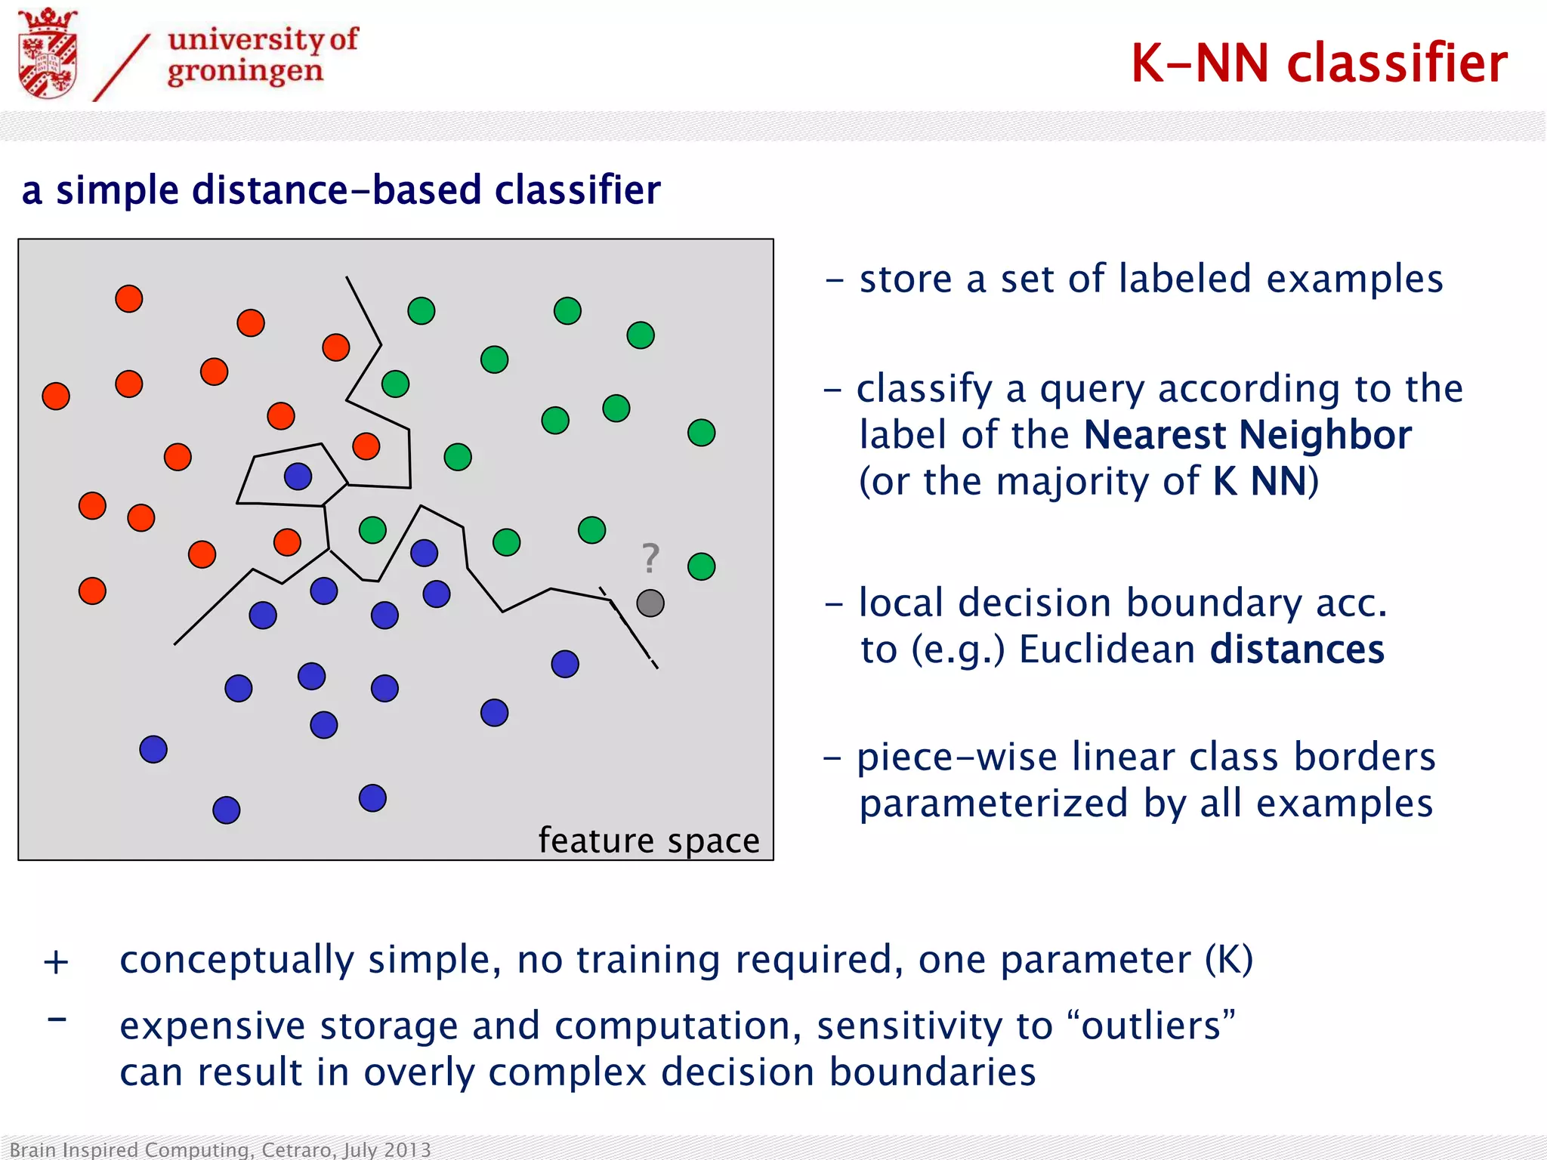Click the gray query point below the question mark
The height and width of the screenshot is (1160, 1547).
pyautogui.click(x=650, y=603)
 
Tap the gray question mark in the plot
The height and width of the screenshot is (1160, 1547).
pyautogui.click(x=650, y=559)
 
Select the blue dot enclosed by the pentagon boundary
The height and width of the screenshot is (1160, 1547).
pyautogui.click(x=298, y=476)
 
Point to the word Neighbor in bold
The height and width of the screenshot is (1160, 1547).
pyautogui.click(x=1325, y=435)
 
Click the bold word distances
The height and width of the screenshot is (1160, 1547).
pyautogui.click(x=1297, y=649)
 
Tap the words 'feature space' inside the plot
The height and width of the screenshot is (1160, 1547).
pyautogui.click(x=648, y=840)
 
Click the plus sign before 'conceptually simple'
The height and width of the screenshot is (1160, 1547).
pyautogui.click(x=56, y=962)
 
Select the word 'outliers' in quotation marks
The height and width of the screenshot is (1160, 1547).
pyautogui.click(x=1151, y=1026)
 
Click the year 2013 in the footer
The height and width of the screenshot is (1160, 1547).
pyautogui.click(x=408, y=1149)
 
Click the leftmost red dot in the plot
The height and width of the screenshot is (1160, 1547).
pyautogui.click(x=56, y=396)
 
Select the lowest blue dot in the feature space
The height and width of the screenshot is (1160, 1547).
pyautogui.click(x=226, y=810)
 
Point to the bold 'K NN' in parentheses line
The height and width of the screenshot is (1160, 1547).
pyautogui.click(x=1259, y=481)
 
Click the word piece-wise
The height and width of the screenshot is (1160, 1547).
pyautogui.click(x=956, y=757)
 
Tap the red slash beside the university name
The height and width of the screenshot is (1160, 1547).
pyautogui.click(x=122, y=67)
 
